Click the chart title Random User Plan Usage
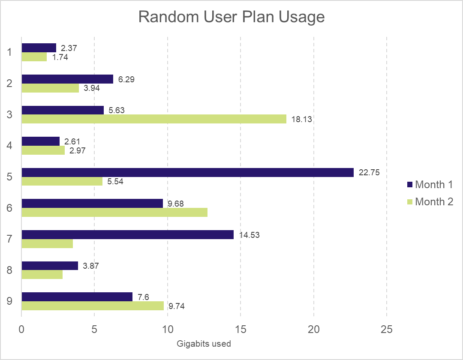(231, 17)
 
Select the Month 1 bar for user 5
(187, 172)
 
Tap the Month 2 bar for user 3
(153, 119)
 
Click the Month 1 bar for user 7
(127, 234)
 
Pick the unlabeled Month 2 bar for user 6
(114, 213)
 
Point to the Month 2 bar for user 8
(42, 275)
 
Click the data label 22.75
(369, 173)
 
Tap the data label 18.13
(302, 120)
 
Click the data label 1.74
(60, 57)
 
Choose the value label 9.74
(177, 306)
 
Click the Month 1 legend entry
(430, 185)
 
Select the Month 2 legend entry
(430, 202)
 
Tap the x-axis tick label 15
(241, 329)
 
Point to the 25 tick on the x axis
(387, 329)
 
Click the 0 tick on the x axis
(21, 329)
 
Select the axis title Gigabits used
(204, 344)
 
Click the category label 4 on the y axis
(9, 146)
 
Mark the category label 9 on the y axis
(9, 301)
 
